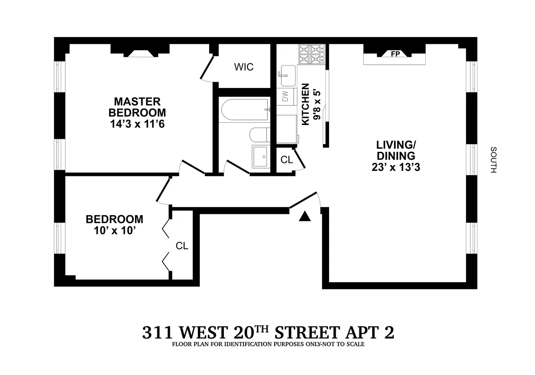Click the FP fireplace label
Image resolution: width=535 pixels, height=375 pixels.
click(395, 54)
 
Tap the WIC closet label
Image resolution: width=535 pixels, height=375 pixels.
click(244, 67)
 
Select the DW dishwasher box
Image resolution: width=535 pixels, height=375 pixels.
click(285, 96)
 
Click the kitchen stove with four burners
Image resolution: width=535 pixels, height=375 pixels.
click(311, 55)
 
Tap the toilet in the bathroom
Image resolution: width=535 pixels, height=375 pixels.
click(259, 134)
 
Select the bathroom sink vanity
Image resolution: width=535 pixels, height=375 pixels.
click(261, 156)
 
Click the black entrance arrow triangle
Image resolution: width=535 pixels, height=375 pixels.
click(305, 217)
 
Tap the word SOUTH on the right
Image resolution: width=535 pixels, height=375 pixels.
click(493, 160)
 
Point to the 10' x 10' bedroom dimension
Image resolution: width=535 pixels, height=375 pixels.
click(114, 231)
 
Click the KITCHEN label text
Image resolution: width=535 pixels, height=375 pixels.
click(306, 104)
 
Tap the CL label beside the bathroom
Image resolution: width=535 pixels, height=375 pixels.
click(287, 160)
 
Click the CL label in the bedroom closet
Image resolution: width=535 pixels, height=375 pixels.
click(181, 246)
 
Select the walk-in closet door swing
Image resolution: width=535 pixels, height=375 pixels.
click(207, 70)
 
